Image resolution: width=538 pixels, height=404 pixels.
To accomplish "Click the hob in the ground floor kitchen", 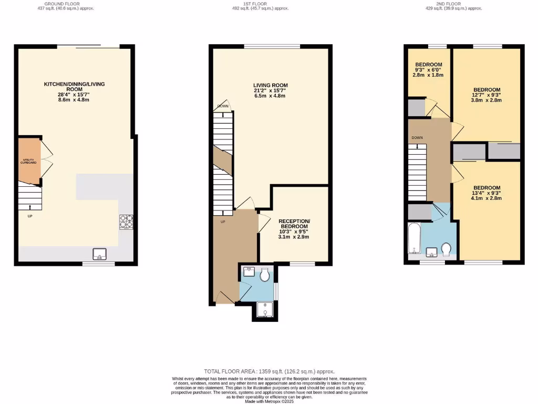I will [x=126, y=222].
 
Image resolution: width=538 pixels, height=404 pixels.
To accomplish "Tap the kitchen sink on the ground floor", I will [x=100, y=255].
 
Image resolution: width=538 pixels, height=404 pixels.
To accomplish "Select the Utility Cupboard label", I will [x=28, y=161].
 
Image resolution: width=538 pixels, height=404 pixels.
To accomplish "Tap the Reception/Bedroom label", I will [x=294, y=229].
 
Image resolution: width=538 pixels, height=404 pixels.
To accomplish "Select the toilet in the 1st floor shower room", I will [x=265, y=275].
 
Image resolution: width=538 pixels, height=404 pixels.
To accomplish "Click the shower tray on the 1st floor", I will [x=265, y=311].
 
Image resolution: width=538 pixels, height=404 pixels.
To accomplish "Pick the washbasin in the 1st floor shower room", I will [x=249, y=272].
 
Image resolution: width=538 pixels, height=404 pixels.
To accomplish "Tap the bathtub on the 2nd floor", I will [x=413, y=238].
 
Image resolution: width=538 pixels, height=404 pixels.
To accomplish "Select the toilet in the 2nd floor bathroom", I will [x=447, y=248].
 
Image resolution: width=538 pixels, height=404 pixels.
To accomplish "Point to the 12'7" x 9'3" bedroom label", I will [x=487, y=95].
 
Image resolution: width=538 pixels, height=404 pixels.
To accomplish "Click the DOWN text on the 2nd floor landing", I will [x=417, y=138].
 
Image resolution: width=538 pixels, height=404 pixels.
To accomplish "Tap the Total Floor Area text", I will [x=269, y=371].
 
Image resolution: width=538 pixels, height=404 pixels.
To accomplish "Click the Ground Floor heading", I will [x=62, y=6].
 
